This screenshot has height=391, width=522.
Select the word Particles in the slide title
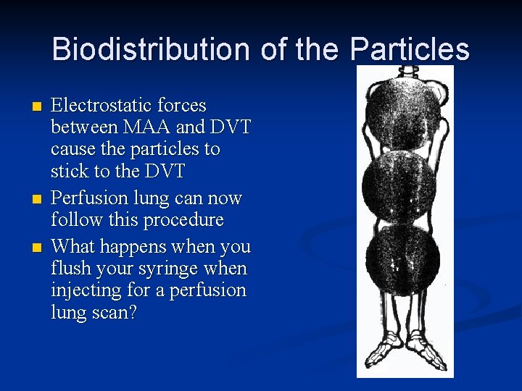pos(410,50)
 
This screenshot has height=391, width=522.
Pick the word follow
pos(74,219)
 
